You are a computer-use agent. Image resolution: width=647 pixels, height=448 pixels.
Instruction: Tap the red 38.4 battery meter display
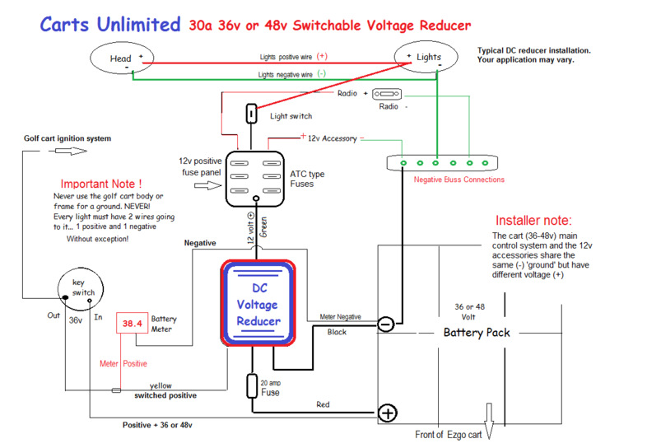[x=133, y=324]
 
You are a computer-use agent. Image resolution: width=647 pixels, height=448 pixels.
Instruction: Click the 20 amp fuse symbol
[x=253, y=386]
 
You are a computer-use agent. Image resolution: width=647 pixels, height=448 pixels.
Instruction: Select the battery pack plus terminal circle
[x=387, y=412]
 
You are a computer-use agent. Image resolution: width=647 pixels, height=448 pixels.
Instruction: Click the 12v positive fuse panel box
[x=255, y=178]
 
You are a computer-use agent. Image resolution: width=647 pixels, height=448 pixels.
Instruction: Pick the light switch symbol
[x=251, y=113]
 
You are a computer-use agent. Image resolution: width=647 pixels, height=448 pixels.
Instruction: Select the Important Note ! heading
[x=101, y=184]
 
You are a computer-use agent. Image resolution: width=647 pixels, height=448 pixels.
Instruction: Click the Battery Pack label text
[x=477, y=333]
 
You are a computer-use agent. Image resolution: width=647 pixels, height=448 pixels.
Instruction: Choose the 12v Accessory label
[x=332, y=138]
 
